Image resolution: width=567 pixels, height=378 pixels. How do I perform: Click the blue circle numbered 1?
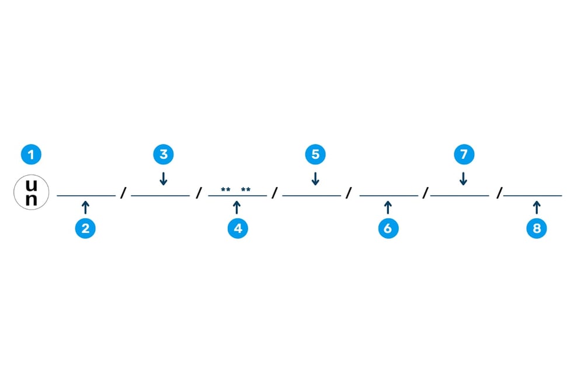pos(32,155)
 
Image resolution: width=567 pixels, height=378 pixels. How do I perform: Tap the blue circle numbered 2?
pos(85,228)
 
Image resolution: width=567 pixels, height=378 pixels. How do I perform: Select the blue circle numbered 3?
pos(164,154)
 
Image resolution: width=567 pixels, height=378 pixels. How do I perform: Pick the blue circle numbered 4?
pos(238,228)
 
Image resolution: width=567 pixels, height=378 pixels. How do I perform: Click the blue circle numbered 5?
pos(315,154)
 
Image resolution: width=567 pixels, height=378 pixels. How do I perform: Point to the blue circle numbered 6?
pos(388,228)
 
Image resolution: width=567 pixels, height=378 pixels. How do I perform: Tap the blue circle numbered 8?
pos(537,228)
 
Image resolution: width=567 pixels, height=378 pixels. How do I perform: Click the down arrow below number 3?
pos(164,178)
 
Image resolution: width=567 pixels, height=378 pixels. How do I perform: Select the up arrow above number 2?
pos(85,206)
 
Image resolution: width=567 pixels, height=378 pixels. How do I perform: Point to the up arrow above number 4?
pos(236,206)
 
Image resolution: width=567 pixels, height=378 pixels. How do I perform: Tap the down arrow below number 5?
pos(315,178)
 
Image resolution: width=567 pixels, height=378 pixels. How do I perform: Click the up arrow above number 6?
pos(388,206)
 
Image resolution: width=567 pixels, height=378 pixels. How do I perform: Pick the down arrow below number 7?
pos(464,178)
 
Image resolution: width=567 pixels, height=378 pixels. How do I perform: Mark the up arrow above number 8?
pos(537,206)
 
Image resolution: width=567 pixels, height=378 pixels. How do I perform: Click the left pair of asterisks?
pos(225,190)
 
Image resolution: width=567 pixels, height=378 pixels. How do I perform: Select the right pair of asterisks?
pos(246,190)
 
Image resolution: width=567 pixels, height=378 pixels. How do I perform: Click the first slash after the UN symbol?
pos(123,193)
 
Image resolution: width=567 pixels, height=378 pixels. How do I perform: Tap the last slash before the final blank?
pos(499,193)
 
